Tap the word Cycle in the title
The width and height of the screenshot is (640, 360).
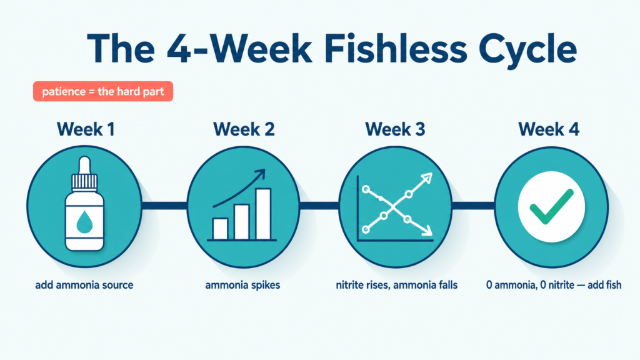pyautogui.click(x=528, y=50)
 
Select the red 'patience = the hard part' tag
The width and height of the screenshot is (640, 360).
pyautogui.click(x=103, y=91)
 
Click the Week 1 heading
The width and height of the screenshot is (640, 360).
pyautogui.click(x=86, y=129)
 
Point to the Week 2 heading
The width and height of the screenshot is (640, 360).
pyautogui.click(x=244, y=129)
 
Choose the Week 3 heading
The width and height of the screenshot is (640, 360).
pyautogui.click(x=395, y=129)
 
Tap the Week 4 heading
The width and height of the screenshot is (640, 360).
pyautogui.click(x=549, y=129)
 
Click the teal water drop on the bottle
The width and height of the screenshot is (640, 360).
pyautogui.click(x=84, y=222)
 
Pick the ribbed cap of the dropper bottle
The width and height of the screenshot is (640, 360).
pyautogui.click(x=84, y=182)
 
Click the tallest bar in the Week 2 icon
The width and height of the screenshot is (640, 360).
pyautogui.click(x=263, y=214)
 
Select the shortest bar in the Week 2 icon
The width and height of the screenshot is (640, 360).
pyautogui.click(x=221, y=229)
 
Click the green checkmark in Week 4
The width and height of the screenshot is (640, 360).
pyautogui.click(x=551, y=206)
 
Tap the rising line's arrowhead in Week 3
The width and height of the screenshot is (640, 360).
pyautogui.click(x=426, y=178)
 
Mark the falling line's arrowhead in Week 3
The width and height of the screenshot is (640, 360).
pyautogui.click(x=426, y=231)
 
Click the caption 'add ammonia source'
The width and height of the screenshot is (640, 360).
pyautogui.click(x=84, y=285)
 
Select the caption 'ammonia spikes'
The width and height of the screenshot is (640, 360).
pyautogui.click(x=242, y=285)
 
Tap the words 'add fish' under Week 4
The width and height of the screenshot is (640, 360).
pyautogui.click(x=604, y=285)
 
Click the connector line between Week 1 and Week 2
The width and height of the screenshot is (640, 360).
pyautogui.click(x=164, y=206)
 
